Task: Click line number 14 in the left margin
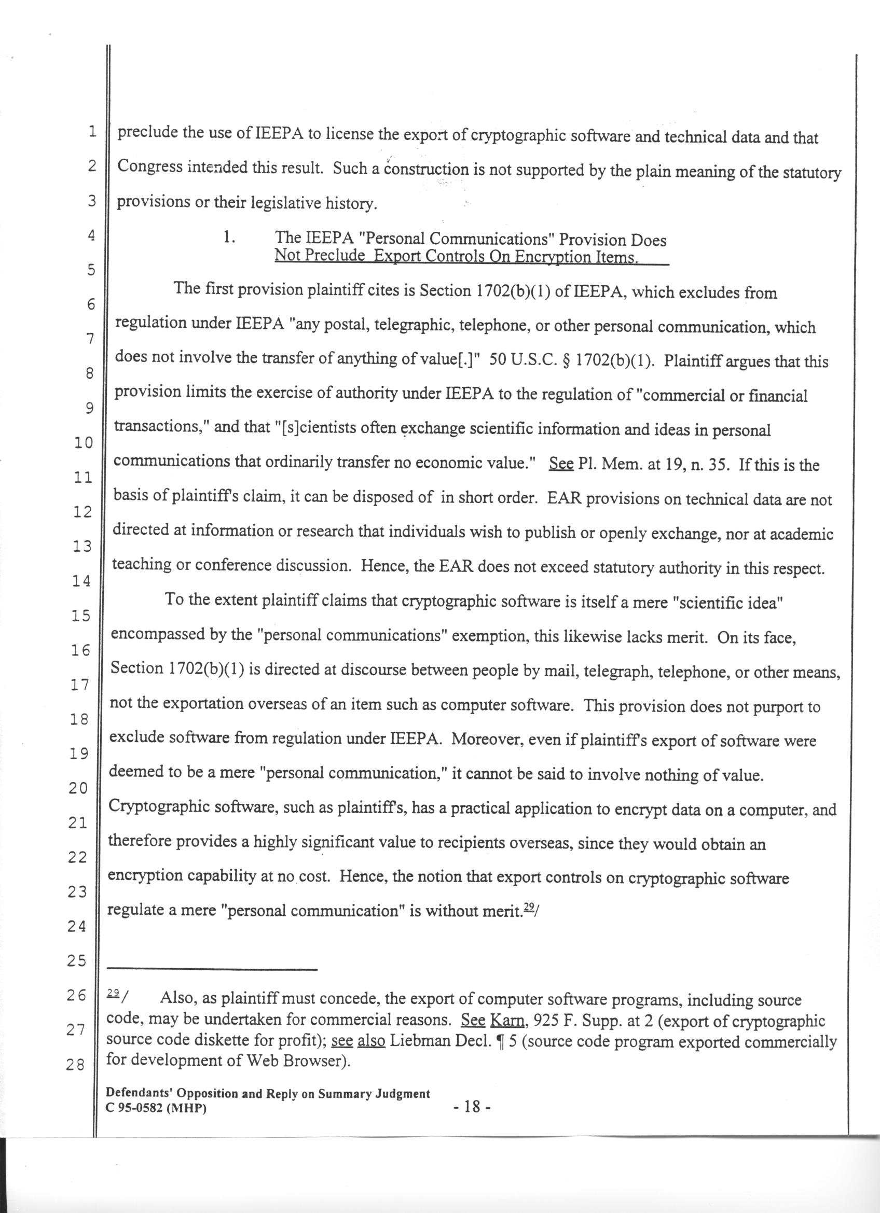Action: click(81, 581)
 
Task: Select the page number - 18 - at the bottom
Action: click(471, 1106)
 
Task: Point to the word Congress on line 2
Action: click(148, 167)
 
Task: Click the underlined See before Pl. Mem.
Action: click(561, 464)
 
